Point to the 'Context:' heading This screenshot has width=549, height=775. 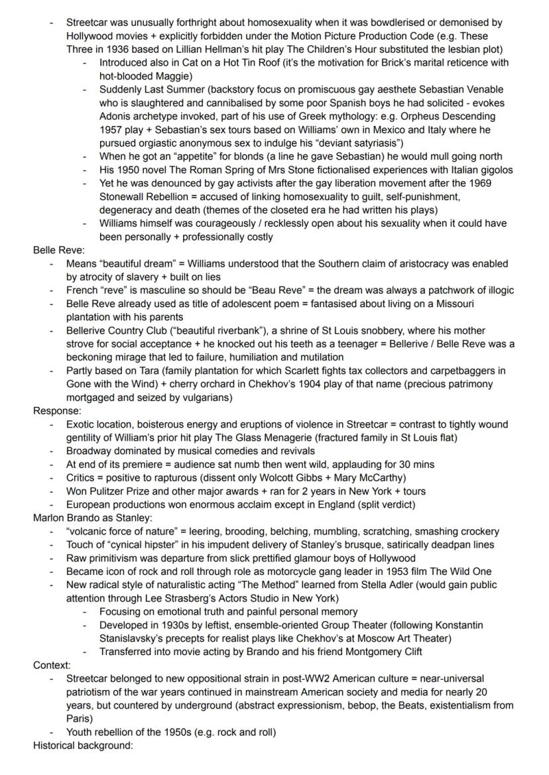(52, 665)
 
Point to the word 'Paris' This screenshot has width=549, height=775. (78, 719)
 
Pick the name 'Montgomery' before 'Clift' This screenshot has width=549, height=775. (355, 652)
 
